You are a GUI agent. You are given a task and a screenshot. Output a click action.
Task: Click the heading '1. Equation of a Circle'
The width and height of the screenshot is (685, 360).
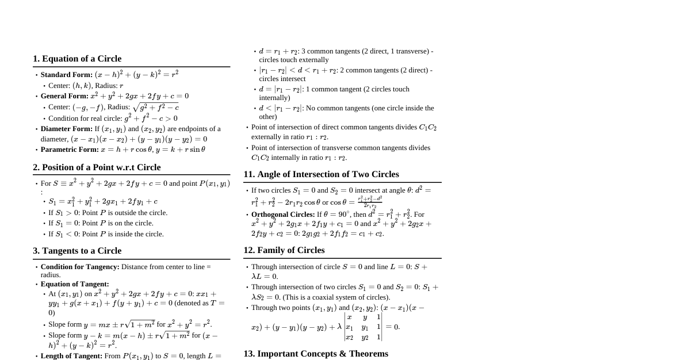click(x=77, y=59)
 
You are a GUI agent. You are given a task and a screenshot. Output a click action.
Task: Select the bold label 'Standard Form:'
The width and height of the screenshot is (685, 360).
click(x=67, y=75)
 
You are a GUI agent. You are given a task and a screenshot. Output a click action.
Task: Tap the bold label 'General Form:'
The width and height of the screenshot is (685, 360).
click(x=64, y=96)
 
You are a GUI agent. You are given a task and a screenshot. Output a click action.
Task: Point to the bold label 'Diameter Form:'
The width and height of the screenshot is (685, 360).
click(x=67, y=129)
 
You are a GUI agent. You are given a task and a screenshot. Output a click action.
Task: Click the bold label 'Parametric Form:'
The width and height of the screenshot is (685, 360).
click(x=70, y=150)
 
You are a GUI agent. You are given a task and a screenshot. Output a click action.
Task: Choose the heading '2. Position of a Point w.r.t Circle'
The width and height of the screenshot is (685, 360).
click(x=97, y=167)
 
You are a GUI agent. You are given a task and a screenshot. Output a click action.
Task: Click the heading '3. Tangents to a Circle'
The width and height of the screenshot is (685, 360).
click(x=77, y=251)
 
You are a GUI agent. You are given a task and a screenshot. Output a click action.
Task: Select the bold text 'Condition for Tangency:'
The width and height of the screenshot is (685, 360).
click(x=80, y=267)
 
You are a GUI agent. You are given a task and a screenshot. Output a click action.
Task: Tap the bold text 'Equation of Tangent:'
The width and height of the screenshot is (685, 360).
click(x=75, y=284)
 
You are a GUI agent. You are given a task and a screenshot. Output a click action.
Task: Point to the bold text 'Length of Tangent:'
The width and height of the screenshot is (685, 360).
click(x=71, y=356)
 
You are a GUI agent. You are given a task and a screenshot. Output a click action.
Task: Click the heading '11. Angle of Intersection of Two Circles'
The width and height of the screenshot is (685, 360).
click(x=321, y=174)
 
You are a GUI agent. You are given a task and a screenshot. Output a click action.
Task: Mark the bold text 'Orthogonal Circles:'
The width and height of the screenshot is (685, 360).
click(x=283, y=215)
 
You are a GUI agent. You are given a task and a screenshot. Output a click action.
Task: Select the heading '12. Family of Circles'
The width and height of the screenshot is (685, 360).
click(x=284, y=250)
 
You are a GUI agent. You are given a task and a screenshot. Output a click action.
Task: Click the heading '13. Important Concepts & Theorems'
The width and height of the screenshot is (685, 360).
click(x=316, y=354)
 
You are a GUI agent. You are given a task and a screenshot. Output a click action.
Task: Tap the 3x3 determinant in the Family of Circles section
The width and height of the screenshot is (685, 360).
click(x=363, y=327)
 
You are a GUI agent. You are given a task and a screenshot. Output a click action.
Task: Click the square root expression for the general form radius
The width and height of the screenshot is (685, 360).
click(x=156, y=108)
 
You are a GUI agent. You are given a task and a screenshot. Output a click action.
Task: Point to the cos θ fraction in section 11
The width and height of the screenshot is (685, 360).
click(x=370, y=202)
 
